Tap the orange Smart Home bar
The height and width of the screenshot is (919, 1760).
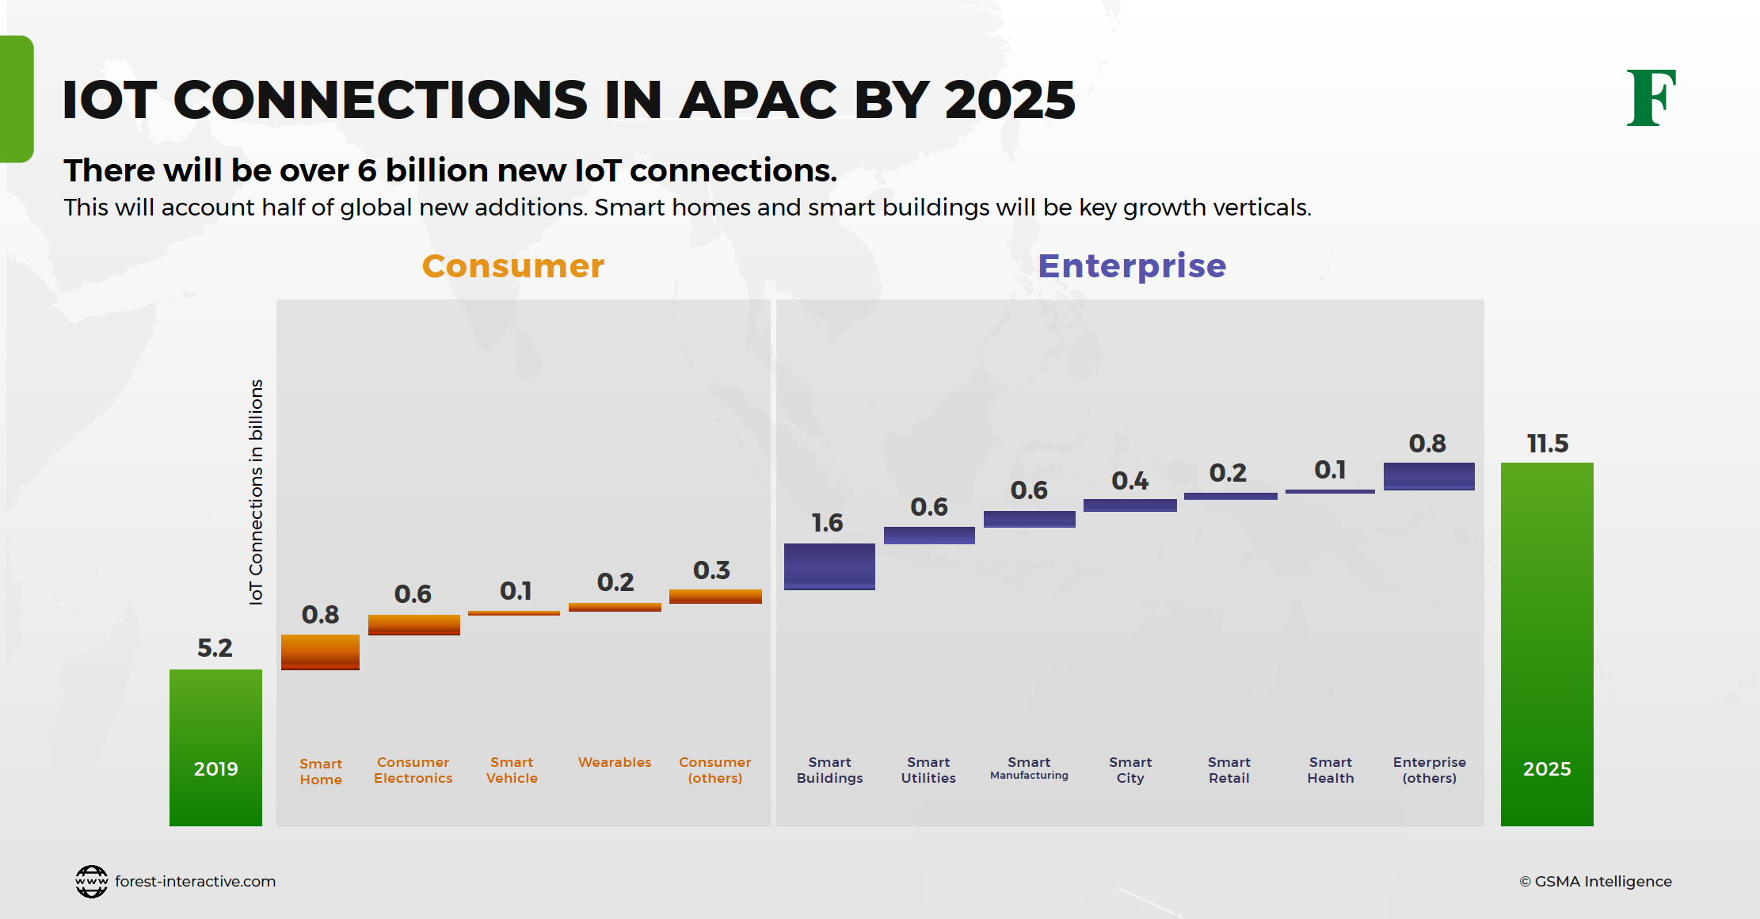[320, 652]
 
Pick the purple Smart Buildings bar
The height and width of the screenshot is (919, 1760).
[829, 566]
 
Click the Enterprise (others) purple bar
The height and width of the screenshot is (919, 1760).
[1429, 476]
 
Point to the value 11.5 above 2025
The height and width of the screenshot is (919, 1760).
[1547, 444]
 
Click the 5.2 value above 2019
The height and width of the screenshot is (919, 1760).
[215, 648]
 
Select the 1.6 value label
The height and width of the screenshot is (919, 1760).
[827, 523]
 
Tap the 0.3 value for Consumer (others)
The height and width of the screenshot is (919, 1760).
[711, 570]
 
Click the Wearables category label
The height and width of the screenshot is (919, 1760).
[615, 762]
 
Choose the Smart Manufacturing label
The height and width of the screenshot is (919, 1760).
[1029, 768]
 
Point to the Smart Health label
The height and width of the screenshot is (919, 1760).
[1331, 770]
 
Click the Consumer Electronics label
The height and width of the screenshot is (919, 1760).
[413, 770]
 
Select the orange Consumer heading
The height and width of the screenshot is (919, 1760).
[513, 266]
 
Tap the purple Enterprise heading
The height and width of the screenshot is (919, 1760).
[1132, 266]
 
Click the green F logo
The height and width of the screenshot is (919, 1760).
[1651, 98]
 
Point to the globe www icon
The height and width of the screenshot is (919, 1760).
[92, 881]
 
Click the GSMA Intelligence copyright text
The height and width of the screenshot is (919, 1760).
[1595, 881]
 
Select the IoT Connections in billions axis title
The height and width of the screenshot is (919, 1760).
[256, 492]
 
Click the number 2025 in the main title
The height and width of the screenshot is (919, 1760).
[1010, 101]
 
